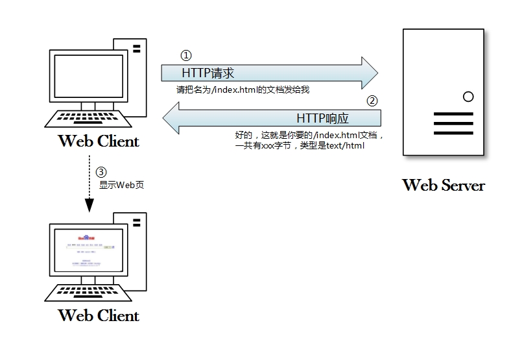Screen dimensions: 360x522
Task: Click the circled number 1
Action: (x=186, y=56)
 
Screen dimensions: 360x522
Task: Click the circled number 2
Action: (x=372, y=101)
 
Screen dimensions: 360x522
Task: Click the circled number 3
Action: (x=101, y=173)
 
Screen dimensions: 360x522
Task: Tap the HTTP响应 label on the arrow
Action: (x=322, y=118)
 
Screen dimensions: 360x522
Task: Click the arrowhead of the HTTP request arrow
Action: (x=368, y=72)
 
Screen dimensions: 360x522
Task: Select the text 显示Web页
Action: (x=121, y=185)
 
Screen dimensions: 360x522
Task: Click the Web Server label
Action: (x=444, y=185)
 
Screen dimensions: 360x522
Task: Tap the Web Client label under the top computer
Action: (x=99, y=141)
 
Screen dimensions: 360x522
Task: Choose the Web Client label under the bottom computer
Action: (x=99, y=316)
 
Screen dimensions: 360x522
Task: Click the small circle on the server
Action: (x=468, y=97)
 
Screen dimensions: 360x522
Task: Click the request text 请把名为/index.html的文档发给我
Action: (x=243, y=90)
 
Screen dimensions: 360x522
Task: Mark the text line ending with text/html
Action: (x=300, y=146)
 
